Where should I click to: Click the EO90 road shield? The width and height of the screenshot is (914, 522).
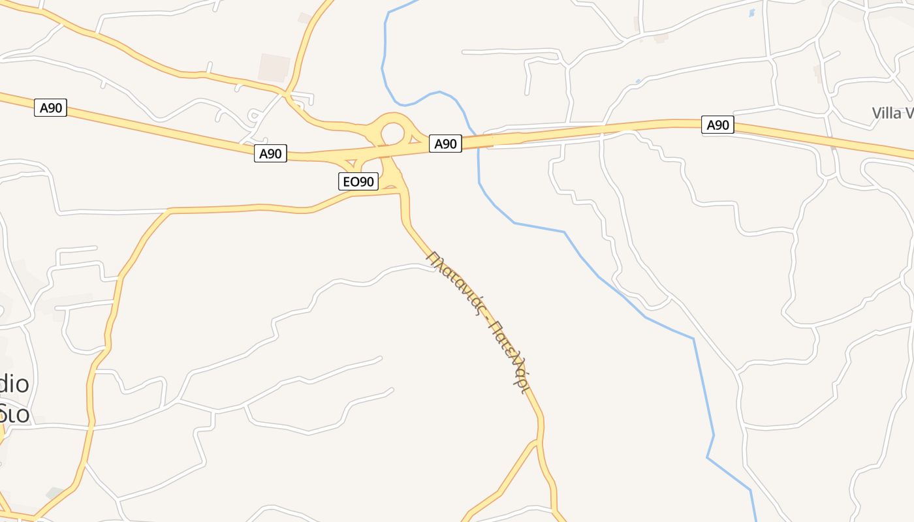(358, 181)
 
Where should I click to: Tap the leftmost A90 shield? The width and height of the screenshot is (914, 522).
(51, 108)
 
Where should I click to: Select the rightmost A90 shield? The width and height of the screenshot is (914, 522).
(717, 125)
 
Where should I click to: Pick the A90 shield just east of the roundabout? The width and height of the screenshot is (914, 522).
(445, 144)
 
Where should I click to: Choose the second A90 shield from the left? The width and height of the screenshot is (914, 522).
(270, 154)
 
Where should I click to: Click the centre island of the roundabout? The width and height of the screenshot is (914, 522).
(392, 134)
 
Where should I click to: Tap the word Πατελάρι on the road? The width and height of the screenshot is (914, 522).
(509, 356)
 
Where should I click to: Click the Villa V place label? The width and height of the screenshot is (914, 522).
(892, 114)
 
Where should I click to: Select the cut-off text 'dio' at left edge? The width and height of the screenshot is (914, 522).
(14, 384)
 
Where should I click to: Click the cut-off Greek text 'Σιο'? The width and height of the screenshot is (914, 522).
(14, 412)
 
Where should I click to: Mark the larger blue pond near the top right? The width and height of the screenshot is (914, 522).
(751, 12)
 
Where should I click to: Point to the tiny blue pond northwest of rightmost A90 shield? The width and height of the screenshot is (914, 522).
(638, 81)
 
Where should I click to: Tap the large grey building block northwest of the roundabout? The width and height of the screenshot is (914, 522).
(274, 67)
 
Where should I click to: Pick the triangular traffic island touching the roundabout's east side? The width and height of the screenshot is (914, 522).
(414, 138)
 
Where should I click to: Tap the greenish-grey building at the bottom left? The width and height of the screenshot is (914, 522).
(55, 493)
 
